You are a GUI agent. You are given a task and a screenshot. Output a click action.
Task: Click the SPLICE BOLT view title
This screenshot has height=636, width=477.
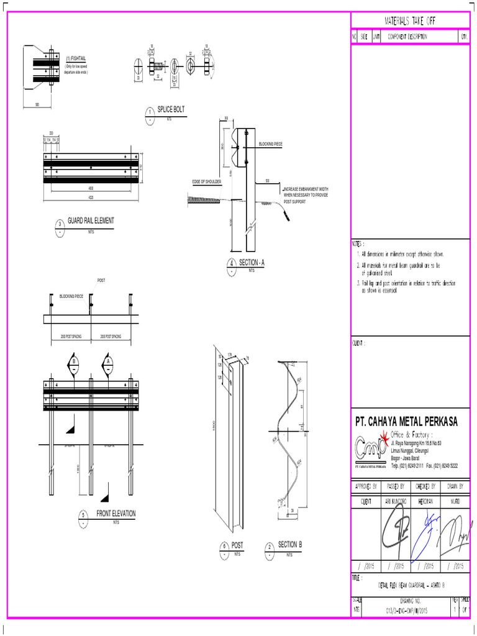[171, 109]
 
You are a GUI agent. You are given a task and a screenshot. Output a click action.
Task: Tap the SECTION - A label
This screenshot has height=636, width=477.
[252, 263]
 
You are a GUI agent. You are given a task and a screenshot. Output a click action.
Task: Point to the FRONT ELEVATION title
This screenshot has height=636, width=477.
[116, 514]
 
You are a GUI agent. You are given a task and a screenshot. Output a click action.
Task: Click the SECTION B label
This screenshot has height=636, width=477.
[290, 545]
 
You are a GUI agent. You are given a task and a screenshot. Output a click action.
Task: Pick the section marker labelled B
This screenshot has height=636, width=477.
[73, 363]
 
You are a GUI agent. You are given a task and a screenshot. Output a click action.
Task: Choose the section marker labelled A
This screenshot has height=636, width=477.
[108, 363]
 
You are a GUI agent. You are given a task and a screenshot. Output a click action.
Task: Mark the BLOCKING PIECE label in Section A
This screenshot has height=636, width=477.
[271, 144]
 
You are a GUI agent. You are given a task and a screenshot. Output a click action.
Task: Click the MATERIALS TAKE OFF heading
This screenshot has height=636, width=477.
[410, 20]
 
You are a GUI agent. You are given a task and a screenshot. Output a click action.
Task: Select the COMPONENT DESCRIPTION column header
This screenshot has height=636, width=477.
[407, 37]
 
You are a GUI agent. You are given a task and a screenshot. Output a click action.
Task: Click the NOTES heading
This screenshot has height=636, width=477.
[359, 245]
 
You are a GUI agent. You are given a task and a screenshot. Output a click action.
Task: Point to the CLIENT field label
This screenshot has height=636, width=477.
[359, 343]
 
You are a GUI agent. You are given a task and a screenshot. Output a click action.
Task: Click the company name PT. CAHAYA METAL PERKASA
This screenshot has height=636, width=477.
[406, 422]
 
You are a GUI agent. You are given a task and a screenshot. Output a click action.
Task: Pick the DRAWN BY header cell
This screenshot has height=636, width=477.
[455, 486]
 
